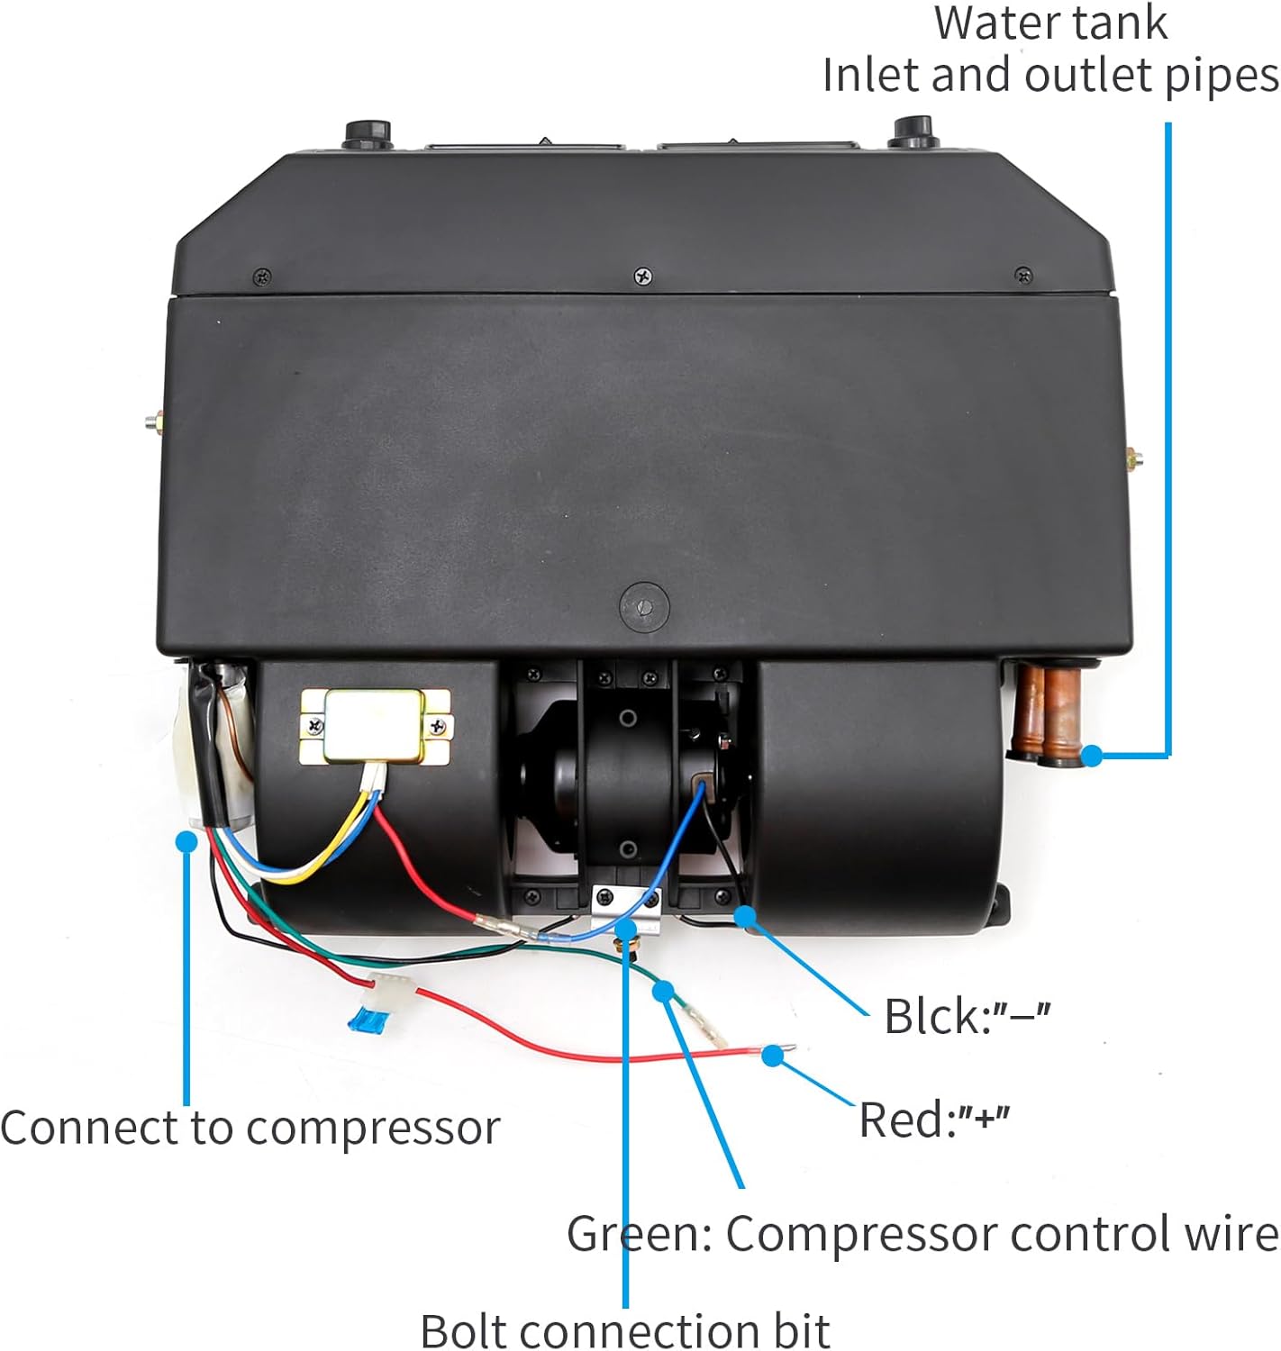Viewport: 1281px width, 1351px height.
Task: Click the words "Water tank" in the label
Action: [x=1050, y=23]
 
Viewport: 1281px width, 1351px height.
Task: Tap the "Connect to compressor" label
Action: [x=250, y=1128]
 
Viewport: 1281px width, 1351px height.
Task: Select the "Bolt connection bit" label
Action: [x=624, y=1329]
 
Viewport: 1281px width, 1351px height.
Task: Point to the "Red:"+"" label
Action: [x=934, y=1120]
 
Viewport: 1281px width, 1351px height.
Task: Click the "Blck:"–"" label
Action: [x=967, y=1016]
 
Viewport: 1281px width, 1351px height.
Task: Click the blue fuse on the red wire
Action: [x=362, y=1024]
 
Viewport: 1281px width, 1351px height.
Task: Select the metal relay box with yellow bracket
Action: [x=375, y=727]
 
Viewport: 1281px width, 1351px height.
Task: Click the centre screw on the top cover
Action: [x=642, y=276]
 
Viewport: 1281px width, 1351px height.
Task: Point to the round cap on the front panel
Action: [x=644, y=605]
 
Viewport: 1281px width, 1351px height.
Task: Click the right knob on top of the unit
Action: [x=913, y=131]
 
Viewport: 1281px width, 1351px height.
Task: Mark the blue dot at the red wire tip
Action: [x=772, y=1056]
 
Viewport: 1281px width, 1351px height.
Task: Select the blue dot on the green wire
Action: [x=664, y=992]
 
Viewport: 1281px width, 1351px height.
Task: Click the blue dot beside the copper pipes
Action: [x=1092, y=756]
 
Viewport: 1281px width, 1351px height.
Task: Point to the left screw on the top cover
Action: [x=262, y=277]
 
